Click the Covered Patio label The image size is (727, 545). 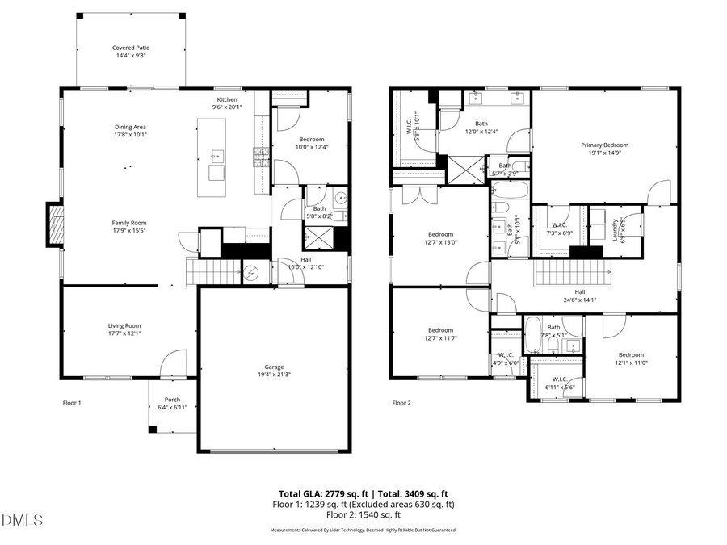[130, 48]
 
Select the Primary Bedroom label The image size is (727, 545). [604, 145]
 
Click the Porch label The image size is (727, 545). [172, 400]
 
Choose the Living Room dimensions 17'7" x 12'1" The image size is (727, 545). [124, 333]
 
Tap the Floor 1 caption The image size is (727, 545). [73, 402]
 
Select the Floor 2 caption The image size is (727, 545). [401, 402]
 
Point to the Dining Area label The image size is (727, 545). [130, 127]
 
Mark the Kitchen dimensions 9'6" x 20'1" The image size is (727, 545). [226, 107]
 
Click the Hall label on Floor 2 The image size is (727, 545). [579, 292]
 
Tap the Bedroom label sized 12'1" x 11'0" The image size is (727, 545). [631, 354]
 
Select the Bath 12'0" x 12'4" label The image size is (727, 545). [481, 124]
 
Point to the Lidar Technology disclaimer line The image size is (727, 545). [363, 530]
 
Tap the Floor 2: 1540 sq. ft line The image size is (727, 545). [363, 514]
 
